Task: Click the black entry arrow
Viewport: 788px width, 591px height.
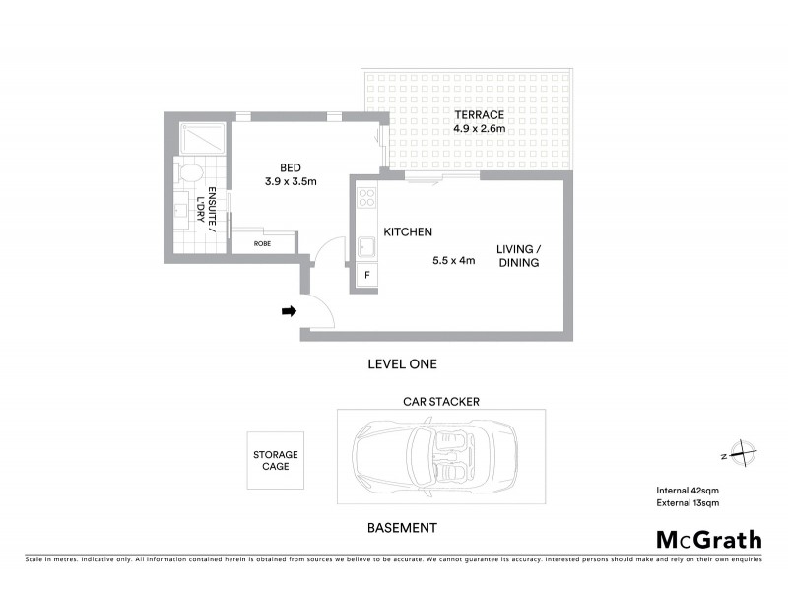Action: point(289,311)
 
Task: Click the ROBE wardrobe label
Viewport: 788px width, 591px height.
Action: point(262,242)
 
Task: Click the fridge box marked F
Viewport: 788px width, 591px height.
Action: point(367,276)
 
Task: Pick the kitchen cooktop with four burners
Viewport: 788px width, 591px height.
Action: point(366,196)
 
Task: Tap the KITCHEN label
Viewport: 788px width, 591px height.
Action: point(408,232)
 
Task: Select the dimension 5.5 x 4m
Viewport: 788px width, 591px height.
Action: point(454,261)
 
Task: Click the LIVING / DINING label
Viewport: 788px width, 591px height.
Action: point(518,256)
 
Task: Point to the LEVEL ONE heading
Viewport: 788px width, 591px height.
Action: point(401,364)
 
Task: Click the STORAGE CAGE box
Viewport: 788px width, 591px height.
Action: point(276,460)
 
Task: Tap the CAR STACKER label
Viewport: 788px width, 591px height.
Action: point(440,402)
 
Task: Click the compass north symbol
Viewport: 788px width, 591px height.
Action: point(740,455)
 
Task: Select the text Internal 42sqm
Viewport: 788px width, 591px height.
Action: point(689,491)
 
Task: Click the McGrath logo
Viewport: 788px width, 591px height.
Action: point(708,539)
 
